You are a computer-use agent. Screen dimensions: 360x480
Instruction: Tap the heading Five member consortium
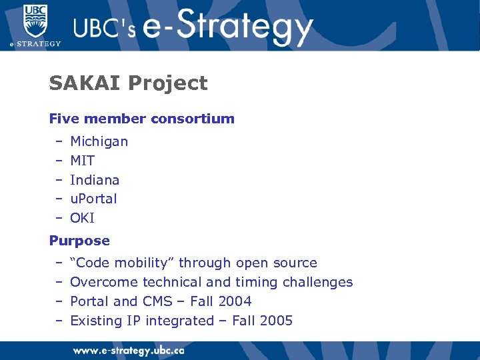pos(141,119)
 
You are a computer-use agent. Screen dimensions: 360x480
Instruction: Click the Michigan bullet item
pos(99,141)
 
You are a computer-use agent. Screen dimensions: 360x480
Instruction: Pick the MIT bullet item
pos(82,161)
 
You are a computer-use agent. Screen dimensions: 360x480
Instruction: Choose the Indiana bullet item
pos(95,180)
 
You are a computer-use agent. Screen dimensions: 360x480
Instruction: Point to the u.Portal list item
pos(93,199)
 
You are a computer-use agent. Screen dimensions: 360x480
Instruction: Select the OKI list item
pos(82,218)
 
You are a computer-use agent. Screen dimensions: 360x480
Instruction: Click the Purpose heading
pos(79,241)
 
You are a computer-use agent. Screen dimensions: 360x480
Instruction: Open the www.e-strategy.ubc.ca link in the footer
pos(128,350)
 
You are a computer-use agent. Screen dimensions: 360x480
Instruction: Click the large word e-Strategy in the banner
pos(227,27)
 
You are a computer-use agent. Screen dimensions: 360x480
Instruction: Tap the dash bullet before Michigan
pos(59,141)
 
